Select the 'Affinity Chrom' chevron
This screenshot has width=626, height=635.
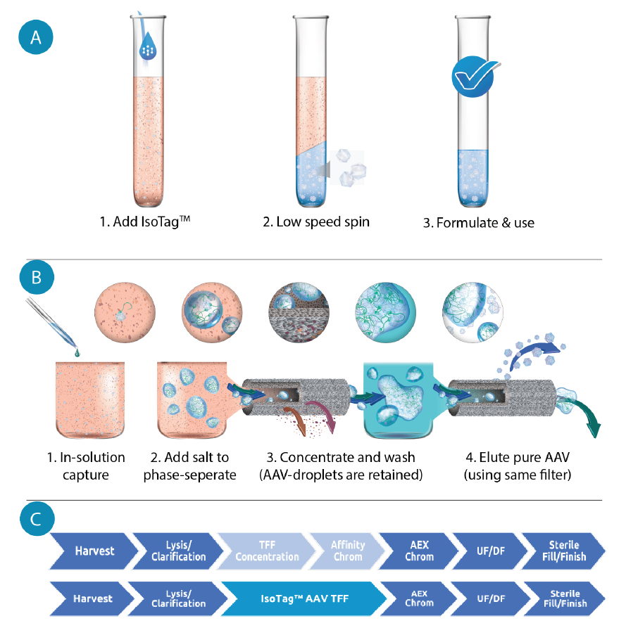tap(346, 551)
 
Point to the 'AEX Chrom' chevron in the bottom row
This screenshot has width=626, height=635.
tap(418, 598)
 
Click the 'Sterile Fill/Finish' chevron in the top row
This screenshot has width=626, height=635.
tap(563, 551)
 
